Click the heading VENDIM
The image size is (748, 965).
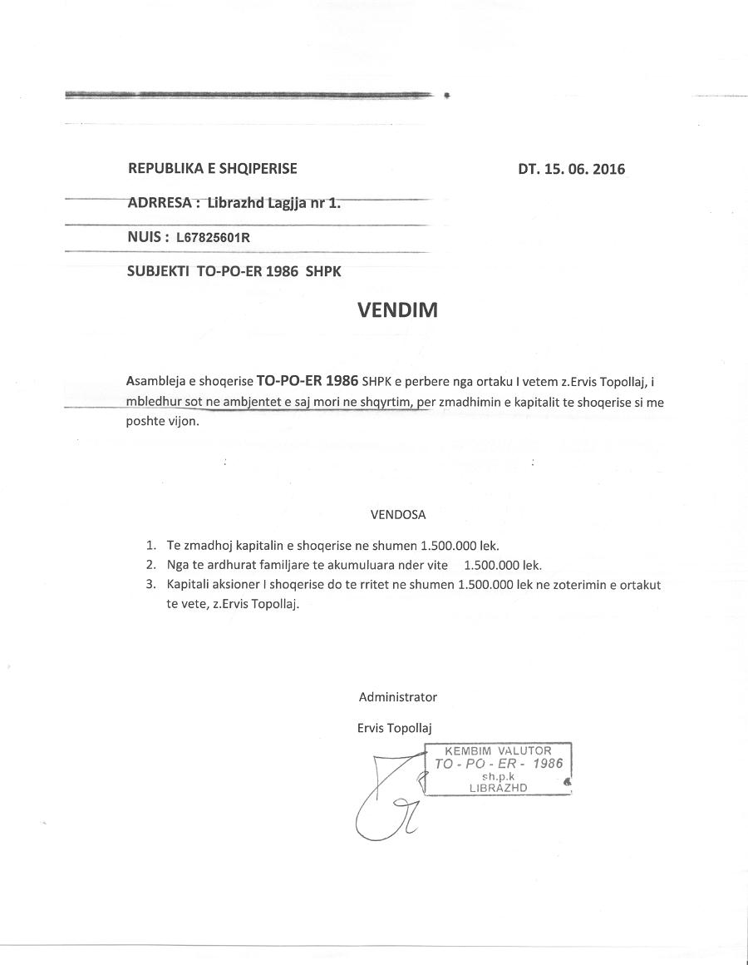pos(397,310)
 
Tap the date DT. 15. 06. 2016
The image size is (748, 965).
pos(571,170)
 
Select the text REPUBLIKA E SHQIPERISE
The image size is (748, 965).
pos(212,169)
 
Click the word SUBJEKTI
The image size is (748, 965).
pos(158,271)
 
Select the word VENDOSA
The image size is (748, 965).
pos(398,515)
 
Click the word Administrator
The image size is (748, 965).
pos(397,697)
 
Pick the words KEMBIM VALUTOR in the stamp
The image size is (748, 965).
pos(498,751)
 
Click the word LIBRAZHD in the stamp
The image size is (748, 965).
pos(498,788)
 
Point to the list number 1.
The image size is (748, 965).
pos(150,546)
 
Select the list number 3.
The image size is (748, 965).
pos(150,585)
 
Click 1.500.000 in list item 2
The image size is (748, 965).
pos(491,566)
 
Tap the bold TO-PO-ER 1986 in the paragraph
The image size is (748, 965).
pos(308,381)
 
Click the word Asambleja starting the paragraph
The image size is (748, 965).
pos(156,382)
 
